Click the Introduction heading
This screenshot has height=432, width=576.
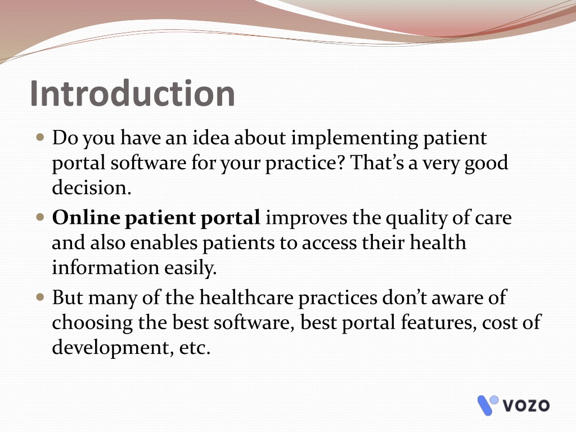click(x=132, y=93)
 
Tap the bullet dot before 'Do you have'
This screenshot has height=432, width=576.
click(x=40, y=138)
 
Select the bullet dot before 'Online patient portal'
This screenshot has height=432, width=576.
click(x=40, y=217)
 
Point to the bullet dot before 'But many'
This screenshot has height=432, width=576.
click(x=40, y=297)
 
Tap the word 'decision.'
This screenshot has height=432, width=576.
click(x=92, y=188)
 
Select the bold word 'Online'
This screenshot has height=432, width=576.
click(x=86, y=218)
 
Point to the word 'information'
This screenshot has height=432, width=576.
click(x=105, y=267)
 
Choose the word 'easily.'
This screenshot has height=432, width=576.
click(x=191, y=268)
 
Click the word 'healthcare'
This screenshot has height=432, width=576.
click(x=246, y=298)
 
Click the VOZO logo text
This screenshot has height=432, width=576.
click(x=526, y=406)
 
